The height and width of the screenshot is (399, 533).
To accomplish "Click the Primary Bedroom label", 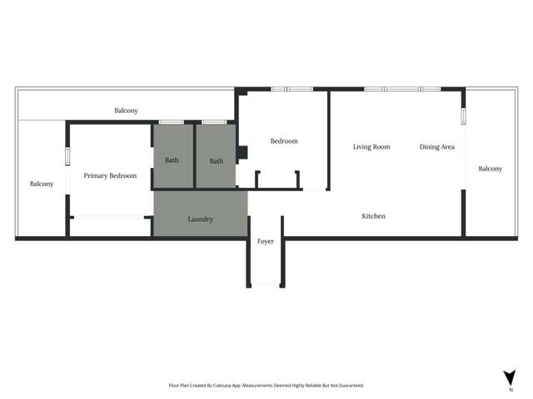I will (x=110, y=175).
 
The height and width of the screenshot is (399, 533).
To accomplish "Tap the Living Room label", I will (x=371, y=147).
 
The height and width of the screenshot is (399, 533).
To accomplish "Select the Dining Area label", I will (x=437, y=147).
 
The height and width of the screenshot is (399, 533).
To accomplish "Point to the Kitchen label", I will (x=373, y=216).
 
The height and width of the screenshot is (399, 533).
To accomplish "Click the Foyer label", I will (x=265, y=241).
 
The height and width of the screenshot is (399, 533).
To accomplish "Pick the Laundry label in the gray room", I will (x=200, y=219).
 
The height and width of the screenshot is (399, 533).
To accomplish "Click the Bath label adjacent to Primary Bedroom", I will (x=172, y=160).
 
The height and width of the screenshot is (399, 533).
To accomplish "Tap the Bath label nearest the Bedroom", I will (x=217, y=160).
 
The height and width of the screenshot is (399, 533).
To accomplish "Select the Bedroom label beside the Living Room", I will (x=284, y=141).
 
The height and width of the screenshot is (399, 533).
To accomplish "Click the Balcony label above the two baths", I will (x=127, y=111).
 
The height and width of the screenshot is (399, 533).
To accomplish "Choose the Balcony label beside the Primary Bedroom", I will (x=42, y=184).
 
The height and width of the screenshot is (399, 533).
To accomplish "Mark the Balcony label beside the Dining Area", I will (x=491, y=169).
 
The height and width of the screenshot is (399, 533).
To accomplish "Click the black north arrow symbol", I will (x=511, y=377).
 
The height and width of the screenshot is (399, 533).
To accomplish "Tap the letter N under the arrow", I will (x=511, y=389).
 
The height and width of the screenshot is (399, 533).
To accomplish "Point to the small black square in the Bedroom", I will (x=242, y=153).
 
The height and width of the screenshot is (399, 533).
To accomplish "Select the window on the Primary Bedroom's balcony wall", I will (x=68, y=156).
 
